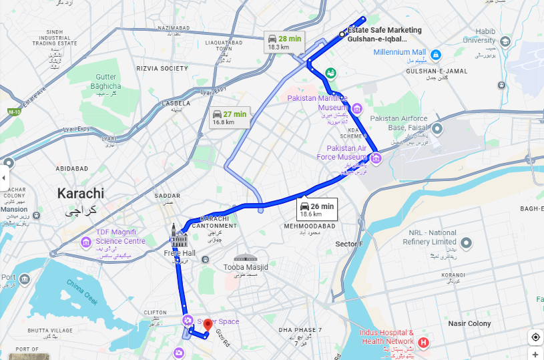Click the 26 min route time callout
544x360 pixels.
pos(316,210)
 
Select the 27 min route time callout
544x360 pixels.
pos(230,118)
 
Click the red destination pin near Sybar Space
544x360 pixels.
pos(207,325)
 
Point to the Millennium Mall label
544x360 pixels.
pos(399,52)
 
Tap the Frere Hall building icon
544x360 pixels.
pos(178,236)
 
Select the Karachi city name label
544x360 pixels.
pos(81,194)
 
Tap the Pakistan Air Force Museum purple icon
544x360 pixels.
pos(376,158)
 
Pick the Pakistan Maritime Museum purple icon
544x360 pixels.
pos(357,108)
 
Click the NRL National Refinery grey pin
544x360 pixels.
pos(467,242)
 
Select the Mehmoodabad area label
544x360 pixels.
pos(304,226)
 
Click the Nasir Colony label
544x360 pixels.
pos(469,324)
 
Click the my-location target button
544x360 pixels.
pos(535,337)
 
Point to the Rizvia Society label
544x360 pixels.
pos(162,68)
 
